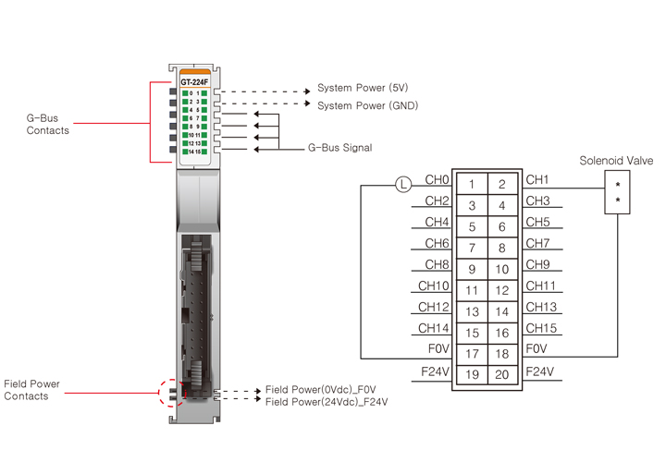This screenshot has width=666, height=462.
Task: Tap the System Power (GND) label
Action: (x=367, y=105)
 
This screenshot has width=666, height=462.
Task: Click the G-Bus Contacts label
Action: (x=47, y=125)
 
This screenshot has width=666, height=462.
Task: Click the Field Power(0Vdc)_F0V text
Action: (x=321, y=390)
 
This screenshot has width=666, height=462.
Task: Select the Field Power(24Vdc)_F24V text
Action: (x=327, y=402)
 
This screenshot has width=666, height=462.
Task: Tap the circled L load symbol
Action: (x=402, y=185)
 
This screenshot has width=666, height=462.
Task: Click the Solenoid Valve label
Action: (x=616, y=161)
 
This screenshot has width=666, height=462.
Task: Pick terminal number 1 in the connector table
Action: (x=472, y=185)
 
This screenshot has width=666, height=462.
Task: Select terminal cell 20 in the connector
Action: (x=502, y=375)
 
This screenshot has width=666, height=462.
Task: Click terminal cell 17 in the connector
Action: (x=472, y=354)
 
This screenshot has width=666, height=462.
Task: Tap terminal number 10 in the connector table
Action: (x=502, y=270)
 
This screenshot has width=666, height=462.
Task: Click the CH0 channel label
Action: (x=437, y=179)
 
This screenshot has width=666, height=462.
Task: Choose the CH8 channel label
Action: (x=437, y=264)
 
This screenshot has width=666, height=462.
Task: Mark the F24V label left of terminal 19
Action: (x=435, y=371)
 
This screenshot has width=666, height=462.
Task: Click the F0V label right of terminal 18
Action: (x=537, y=349)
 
